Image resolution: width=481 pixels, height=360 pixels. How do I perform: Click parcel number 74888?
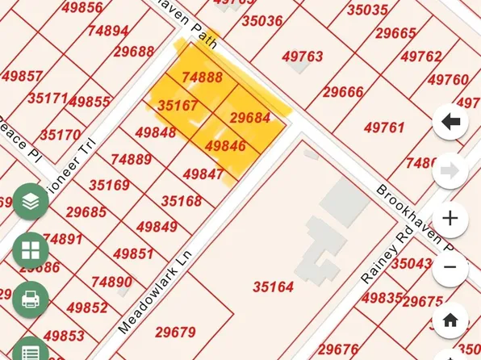202,77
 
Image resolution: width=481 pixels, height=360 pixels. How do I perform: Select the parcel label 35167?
178,106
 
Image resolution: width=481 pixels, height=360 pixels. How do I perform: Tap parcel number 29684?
249,118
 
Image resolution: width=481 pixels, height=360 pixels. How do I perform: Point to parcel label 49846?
225,146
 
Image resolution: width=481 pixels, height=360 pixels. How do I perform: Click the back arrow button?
450,123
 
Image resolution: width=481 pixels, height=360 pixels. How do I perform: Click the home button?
450,320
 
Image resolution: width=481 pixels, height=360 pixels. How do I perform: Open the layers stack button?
31,203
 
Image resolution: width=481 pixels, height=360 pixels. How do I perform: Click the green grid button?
31,251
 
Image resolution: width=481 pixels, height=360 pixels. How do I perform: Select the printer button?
31,299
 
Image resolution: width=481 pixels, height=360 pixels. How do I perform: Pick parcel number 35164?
273,287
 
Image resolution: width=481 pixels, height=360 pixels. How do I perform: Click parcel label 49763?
303,57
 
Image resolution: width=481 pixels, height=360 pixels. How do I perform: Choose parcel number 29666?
343,92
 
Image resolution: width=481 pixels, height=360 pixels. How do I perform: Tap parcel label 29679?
175,332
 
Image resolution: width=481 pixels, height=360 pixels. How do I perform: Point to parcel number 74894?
108,31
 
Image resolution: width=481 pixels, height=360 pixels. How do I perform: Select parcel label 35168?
182,201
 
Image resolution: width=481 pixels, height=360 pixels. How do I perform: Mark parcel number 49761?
383,128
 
